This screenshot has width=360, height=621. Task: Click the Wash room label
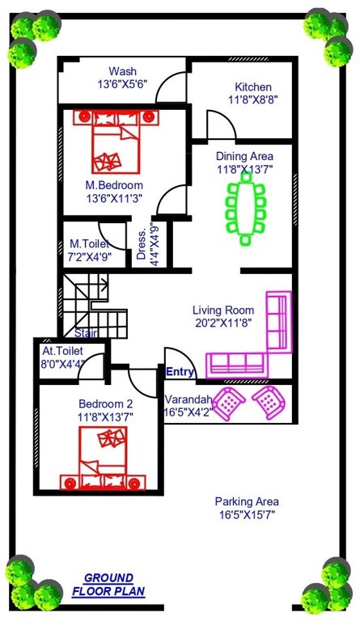pyautogui.click(x=122, y=71)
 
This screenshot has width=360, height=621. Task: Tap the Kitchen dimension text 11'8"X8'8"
pyautogui.click(x=253, y=102)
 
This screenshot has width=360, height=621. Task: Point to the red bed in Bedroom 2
pyautogui.click(x=102, y=458)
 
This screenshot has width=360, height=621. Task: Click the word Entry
pyautogui.click(x=179, y=372)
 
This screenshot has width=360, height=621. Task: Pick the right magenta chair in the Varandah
pyautogui.click(x=268, y=401)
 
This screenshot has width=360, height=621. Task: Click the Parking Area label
pyautogui.click(x=248, y=501)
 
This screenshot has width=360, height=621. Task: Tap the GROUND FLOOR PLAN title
pyautogui.click(x=108, y=585)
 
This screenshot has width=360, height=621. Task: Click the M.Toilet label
pyautogui.click(x=89, y=243)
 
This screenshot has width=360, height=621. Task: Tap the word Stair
pyautogui.click(x=87, y=332)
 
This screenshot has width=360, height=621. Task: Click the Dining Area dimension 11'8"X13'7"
pyautogui.click(x=244, y=170)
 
